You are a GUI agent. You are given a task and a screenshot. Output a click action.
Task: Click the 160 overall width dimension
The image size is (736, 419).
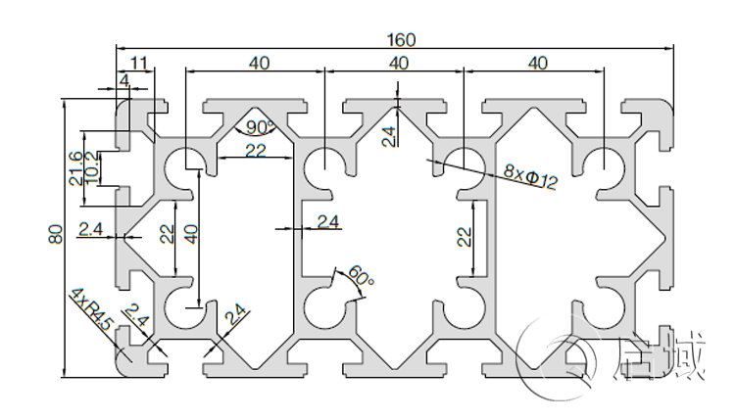click(399, 40)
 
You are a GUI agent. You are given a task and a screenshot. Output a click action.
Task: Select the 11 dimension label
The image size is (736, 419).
click(139, 64)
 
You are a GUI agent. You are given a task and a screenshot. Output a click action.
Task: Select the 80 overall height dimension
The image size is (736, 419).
click(55, 235)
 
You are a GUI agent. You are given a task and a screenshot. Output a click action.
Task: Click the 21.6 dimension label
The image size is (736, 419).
click(75, 168)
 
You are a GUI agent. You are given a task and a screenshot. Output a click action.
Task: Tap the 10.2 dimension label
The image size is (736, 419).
click(91, 168)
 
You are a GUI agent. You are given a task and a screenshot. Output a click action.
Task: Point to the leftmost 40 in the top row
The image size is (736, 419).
click(259, 64)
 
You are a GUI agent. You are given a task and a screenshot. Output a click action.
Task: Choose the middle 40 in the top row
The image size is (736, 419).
click(398, 64)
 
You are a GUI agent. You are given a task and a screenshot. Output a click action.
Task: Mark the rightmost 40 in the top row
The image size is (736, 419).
click(537, 64)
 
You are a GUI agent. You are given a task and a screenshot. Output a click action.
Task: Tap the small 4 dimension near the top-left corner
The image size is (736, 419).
click(124, 79)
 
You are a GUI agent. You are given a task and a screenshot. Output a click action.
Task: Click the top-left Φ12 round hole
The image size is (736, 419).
click(182, 165)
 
